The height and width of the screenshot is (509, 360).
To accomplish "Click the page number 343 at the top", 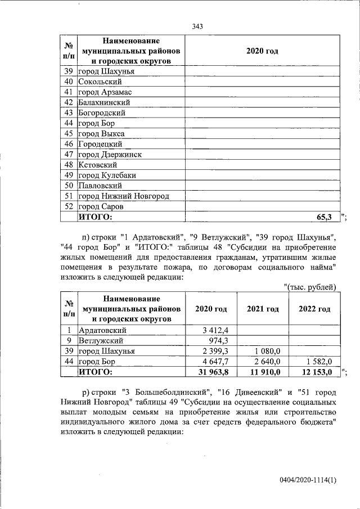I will coord(197,26).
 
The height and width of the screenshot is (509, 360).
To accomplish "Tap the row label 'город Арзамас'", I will coord(105,92).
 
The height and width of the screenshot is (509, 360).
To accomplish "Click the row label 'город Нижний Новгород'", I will coord(123,196).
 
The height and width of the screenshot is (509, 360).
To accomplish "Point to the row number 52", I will coord(69,206).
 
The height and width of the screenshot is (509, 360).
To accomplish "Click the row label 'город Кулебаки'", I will coord(107,175).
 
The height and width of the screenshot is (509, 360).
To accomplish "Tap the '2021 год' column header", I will coord(263,309).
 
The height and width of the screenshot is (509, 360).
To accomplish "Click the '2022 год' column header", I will coord(314,309).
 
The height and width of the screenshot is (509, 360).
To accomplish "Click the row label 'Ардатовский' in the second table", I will coord(102,330).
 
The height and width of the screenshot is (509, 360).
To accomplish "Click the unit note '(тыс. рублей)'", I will coord(312,287).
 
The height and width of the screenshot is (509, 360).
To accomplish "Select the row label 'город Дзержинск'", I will coord(110,154).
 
